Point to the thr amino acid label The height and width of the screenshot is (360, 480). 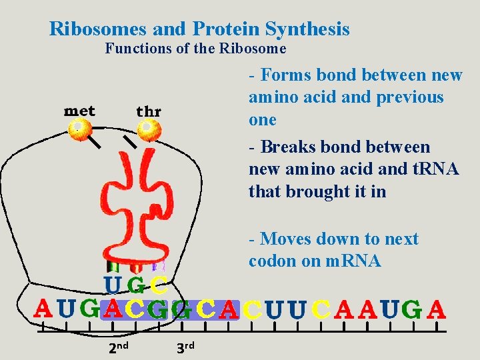(149, 111)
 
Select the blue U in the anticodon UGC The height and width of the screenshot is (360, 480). (114, 286)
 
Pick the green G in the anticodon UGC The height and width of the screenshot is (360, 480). (136, 286)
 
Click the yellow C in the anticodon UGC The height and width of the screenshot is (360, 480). (158, 286)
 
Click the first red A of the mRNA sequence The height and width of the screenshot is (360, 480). (43, 309)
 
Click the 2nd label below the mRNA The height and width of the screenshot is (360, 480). (118, 346)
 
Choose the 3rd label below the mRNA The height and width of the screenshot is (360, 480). (185, 346)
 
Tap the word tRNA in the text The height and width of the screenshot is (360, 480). (434, 169)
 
